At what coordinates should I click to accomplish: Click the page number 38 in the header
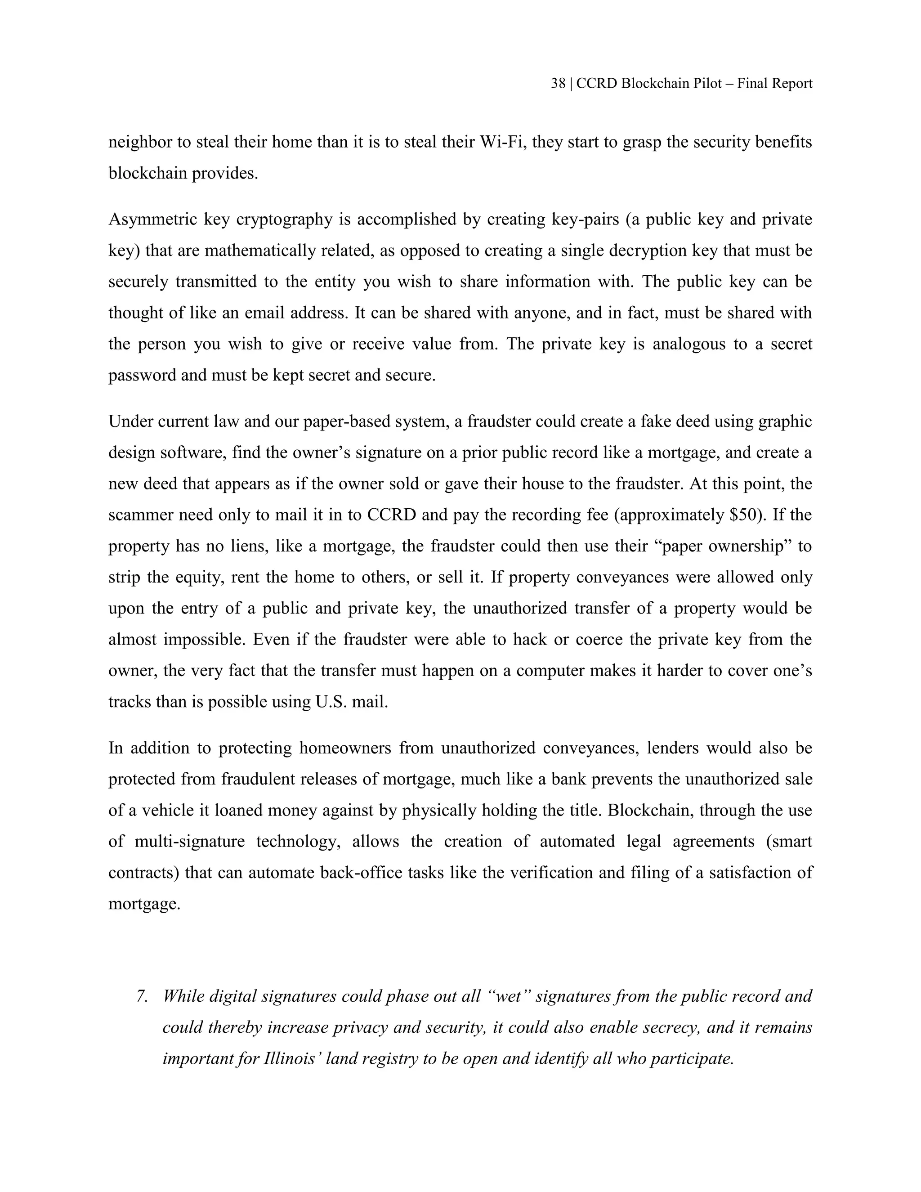point(558,84)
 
